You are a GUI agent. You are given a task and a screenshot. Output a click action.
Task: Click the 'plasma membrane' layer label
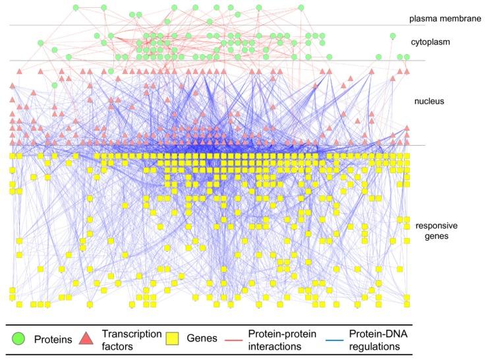[x=444, y=18]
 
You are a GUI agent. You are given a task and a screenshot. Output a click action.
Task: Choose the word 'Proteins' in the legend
[x=53, y=340]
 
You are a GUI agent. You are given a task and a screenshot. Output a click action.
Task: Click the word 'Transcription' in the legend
[x=132, y=334]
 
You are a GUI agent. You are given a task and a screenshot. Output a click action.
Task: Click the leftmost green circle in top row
[x=75, y=8]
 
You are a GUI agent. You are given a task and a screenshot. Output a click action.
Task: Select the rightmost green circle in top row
[x=300, y=8]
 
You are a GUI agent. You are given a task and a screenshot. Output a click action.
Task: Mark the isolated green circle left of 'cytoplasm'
[x=393, y=36]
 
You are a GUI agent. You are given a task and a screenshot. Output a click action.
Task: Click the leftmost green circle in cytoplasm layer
[x=42, y=44]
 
